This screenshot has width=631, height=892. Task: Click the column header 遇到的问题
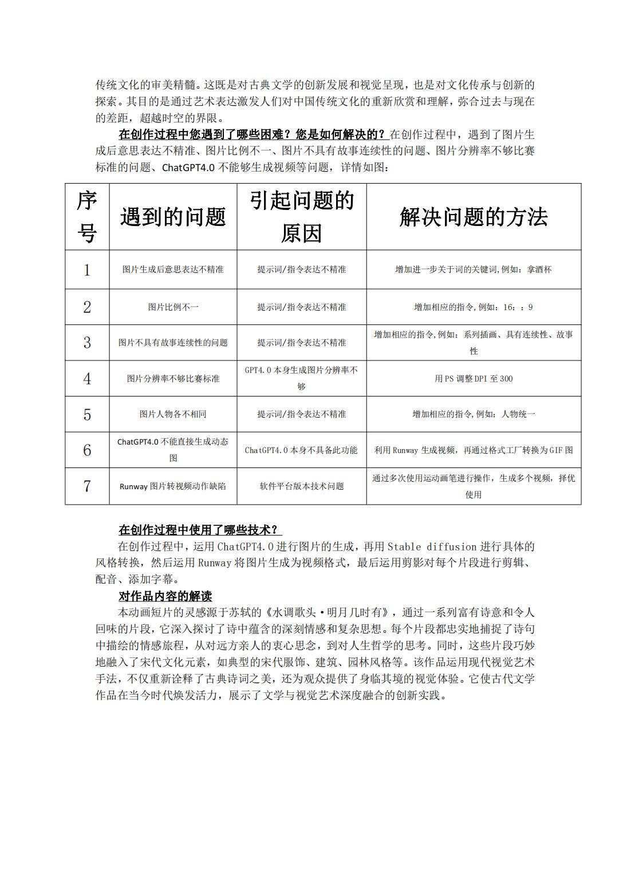173,217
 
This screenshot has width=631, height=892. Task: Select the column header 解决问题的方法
474,217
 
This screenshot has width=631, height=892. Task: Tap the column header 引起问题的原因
302,217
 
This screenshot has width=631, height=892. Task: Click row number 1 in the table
87,269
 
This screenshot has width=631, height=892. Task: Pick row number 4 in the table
87,379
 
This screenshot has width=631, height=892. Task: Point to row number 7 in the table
87,486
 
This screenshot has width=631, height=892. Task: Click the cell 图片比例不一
173,307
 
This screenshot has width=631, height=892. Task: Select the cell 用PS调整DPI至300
474,379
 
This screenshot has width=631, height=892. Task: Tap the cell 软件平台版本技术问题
302,486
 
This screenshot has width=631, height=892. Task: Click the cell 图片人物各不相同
173,414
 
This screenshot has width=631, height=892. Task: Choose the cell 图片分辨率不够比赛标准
173,379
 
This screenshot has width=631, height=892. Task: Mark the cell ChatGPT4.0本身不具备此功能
302,450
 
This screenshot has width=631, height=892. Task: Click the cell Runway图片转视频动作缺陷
173,486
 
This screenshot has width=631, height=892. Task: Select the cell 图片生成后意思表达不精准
173,269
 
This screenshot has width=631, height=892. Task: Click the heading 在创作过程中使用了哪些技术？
200,530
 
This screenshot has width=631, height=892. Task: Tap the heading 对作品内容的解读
165,596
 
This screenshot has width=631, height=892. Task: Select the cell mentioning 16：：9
474,307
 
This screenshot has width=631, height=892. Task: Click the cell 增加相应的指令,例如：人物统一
474,414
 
